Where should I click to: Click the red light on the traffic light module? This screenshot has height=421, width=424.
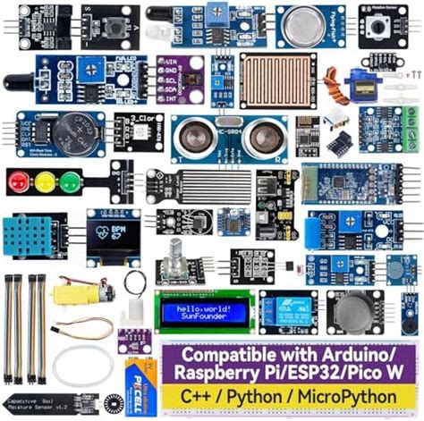(x=18, y=182)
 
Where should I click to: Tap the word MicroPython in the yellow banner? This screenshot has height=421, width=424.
(x=350, y=394)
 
